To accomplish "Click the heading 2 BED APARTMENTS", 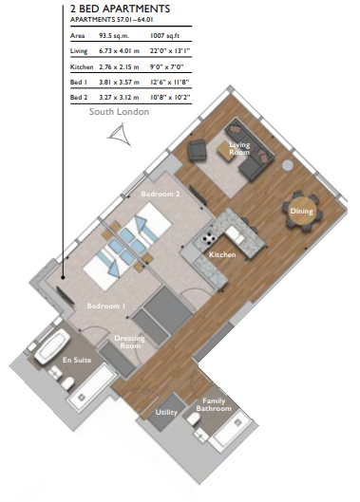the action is point(120,9).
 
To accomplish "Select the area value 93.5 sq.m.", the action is point(114,35).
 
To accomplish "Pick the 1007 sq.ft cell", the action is point(164,35).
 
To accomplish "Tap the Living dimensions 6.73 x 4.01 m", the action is point(119,51).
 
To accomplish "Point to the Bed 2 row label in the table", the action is point(79,98).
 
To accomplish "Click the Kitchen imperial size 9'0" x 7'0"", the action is point(166,67).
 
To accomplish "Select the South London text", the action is point(119,112).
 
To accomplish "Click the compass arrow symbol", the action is point(120,136).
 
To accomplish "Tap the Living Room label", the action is point(239,148).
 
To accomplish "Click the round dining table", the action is point(301,212).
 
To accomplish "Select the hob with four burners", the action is point(208,237).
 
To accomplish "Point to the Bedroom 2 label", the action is point(161,194).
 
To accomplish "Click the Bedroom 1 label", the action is point(105,307).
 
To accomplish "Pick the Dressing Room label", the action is point(129,342).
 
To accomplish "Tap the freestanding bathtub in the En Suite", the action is point(52,347).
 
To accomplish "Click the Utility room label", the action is point(166,412).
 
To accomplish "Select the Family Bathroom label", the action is point(214,404).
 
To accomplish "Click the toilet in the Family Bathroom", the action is point(194,419).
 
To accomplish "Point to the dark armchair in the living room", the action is point(198,150).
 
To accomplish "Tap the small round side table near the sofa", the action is point(287,164).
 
